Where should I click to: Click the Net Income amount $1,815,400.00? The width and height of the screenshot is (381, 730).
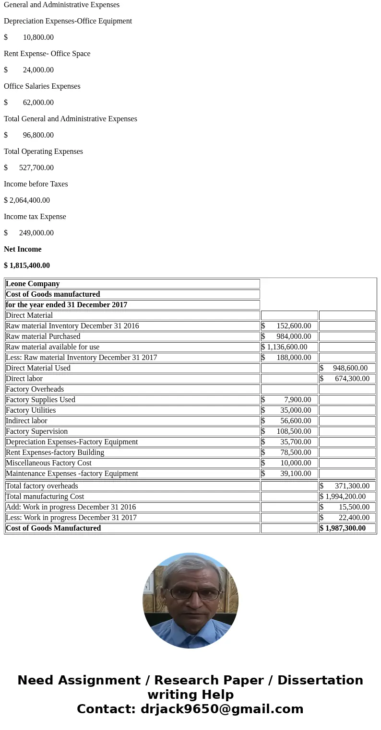click(x=27, y=266)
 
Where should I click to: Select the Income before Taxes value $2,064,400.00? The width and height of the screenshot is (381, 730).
click(x=27, y=200)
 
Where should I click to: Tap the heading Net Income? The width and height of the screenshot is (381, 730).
click(x=23, y=249)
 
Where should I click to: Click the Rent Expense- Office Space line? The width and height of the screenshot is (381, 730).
click(x=47, y=54)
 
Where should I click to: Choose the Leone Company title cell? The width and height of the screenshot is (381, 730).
click(x=33, y=284)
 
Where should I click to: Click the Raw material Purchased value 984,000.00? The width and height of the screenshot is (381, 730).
click(x=294, y=336)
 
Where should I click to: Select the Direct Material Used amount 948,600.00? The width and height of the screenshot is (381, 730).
click(x=350, y=368)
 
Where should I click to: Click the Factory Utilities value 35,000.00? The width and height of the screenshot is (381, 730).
click(x=296, y=410)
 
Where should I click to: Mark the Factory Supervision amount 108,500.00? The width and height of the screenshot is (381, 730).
click(x=294, y=431)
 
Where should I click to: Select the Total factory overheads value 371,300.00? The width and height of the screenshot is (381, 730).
click(x=352, y=486)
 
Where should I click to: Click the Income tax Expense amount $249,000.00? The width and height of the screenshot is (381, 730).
click(x=36, y=233)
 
